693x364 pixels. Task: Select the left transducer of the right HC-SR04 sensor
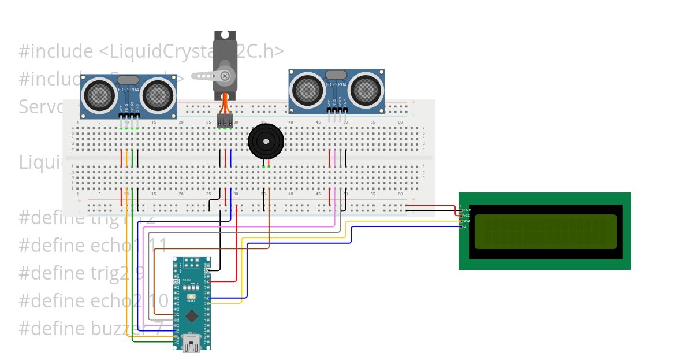coord(308,88)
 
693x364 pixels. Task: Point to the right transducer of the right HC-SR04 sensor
coord(366,88)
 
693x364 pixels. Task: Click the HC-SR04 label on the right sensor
coord(337,84)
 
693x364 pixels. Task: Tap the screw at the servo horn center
coord(226,76)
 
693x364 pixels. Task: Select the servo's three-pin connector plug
coord(225,120)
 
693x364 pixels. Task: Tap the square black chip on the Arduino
coord(192,316)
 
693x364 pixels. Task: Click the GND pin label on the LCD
coord(467,210)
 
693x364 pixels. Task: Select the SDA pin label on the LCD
coord(467,221)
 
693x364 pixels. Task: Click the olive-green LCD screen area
coord(546,232)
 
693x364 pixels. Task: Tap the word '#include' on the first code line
coord(55,51)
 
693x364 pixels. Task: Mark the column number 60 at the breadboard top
coord(400,122)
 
